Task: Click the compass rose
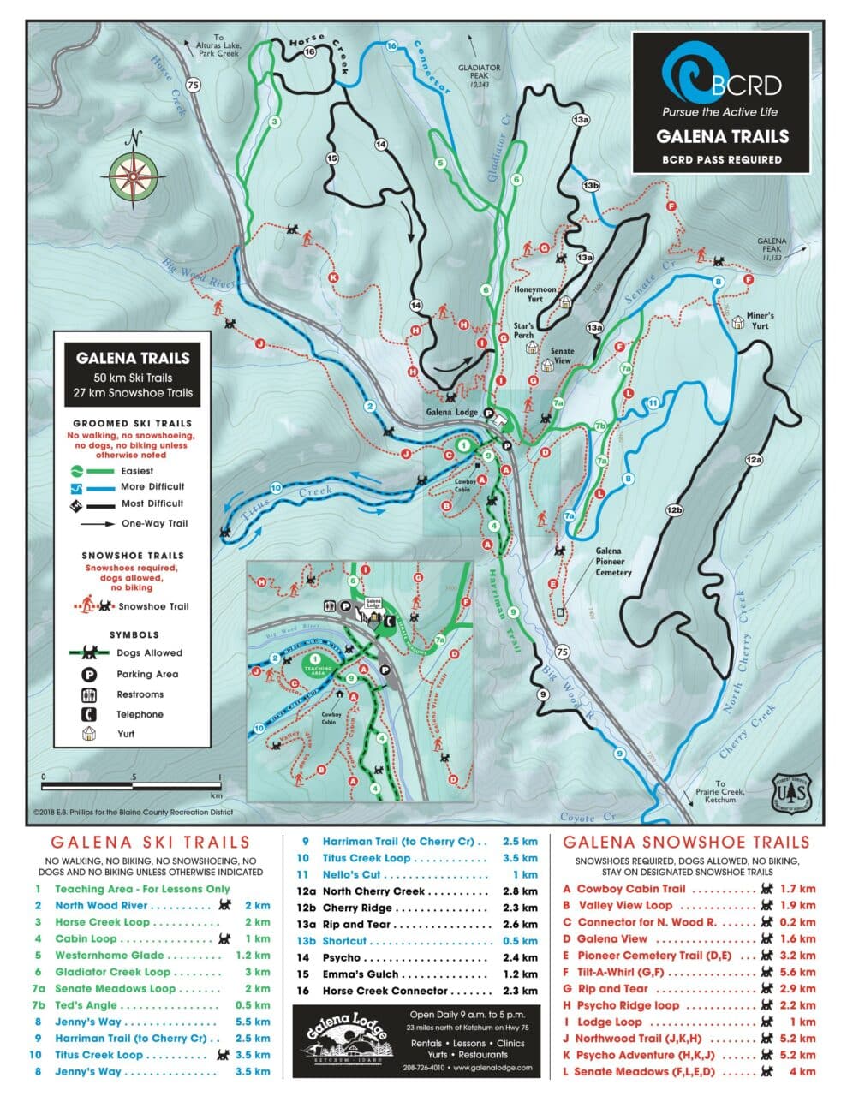pos(133,175)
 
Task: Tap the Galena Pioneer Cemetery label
pos(613,562)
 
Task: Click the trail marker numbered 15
pos(332,158)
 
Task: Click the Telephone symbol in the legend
pos(88,714)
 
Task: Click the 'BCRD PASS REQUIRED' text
pos(721,159)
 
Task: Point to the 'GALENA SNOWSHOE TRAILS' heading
pos(685,843)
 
